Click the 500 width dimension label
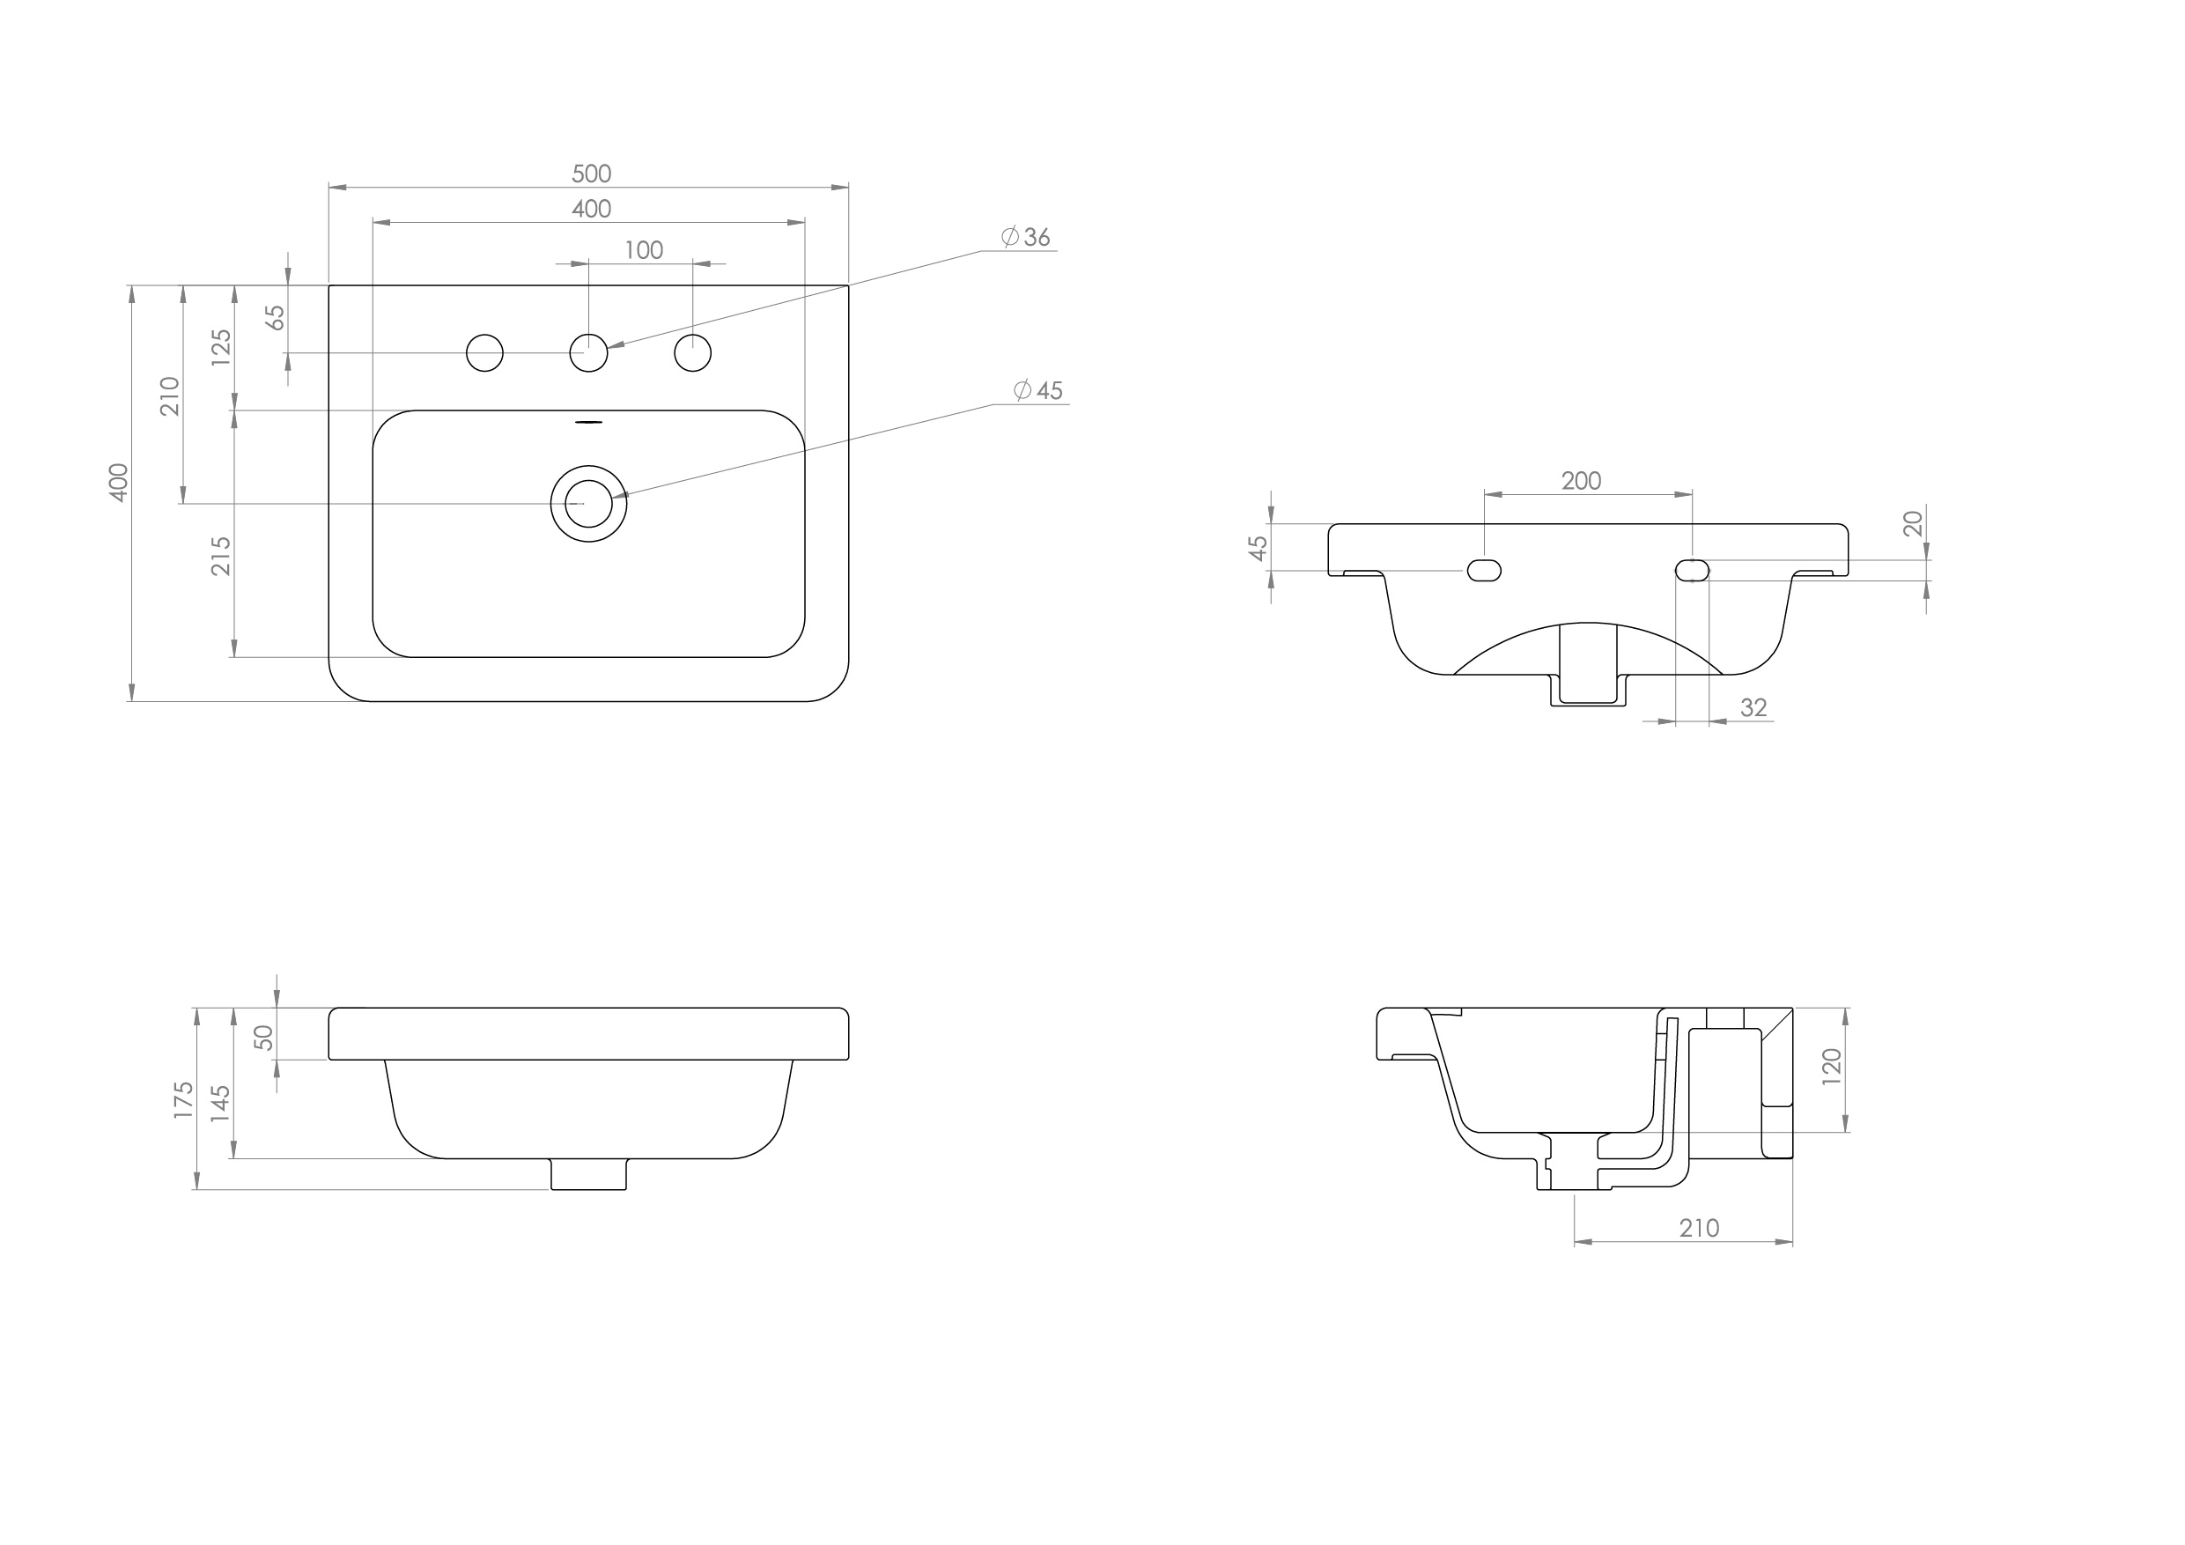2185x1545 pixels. (x=591, y=174)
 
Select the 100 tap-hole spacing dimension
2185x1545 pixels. (x=643, y=250)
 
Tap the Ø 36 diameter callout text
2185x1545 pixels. (x=1026, y=237)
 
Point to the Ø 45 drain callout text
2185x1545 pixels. (x=1038, y=390)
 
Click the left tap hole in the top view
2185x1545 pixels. (x=484, y=353)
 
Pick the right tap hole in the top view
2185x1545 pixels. (x=693, y=353)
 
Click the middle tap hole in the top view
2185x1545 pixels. (x=589, y=353)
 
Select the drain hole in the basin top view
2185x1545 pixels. (x=589, y=504)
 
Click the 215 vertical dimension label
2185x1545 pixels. (x=221, y=556)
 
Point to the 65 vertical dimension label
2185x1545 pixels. (x=276, y=317)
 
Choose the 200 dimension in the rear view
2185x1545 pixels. (x=1581, y=482)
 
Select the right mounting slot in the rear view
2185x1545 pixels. (x=1692, y=570)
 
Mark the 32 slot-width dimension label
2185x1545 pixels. (x=1753, y=708)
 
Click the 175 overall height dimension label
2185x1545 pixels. (x=184, y=1099)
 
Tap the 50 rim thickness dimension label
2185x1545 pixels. (x=264, y=1038)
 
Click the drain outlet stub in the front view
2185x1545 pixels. (x=589, y=1174)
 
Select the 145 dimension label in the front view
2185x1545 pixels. (x=221, y=1104)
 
